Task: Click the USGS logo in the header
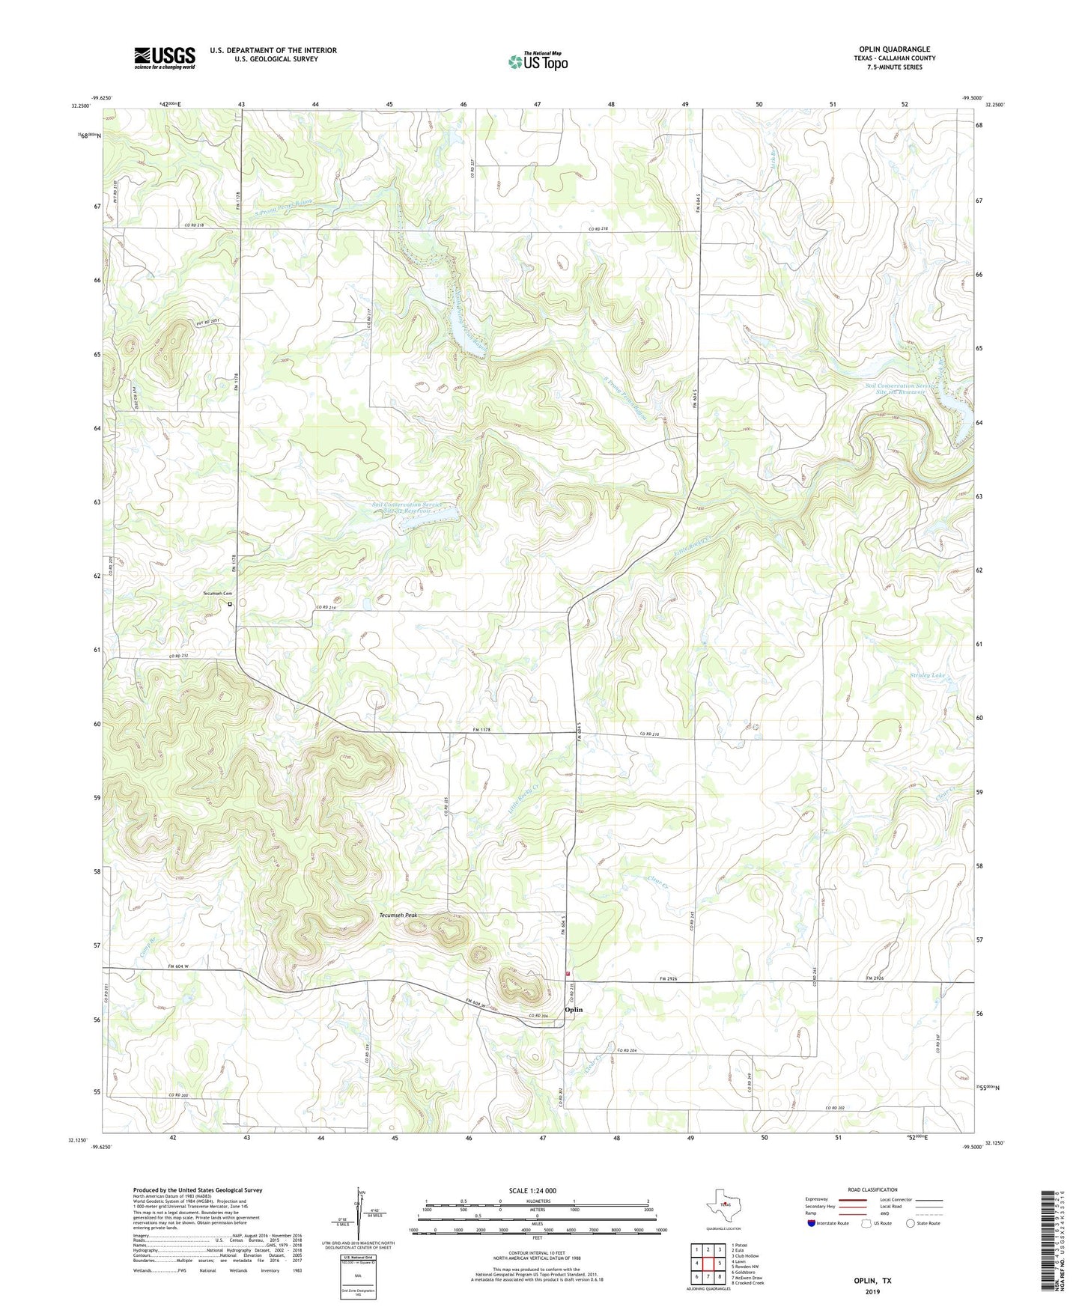(164, 58)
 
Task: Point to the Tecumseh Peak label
(398, 915)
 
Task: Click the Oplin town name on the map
(574, 1010)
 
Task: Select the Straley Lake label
(927, 675)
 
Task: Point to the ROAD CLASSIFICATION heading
(872, 1189)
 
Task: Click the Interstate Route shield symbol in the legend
(812, 1223)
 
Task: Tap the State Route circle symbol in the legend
(910, 1223)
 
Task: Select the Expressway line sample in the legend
(854, 1199)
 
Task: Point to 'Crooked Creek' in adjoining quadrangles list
(748, 1283)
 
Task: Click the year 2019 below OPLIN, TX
(872, 1292)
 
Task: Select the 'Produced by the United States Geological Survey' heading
(197, 1189)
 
